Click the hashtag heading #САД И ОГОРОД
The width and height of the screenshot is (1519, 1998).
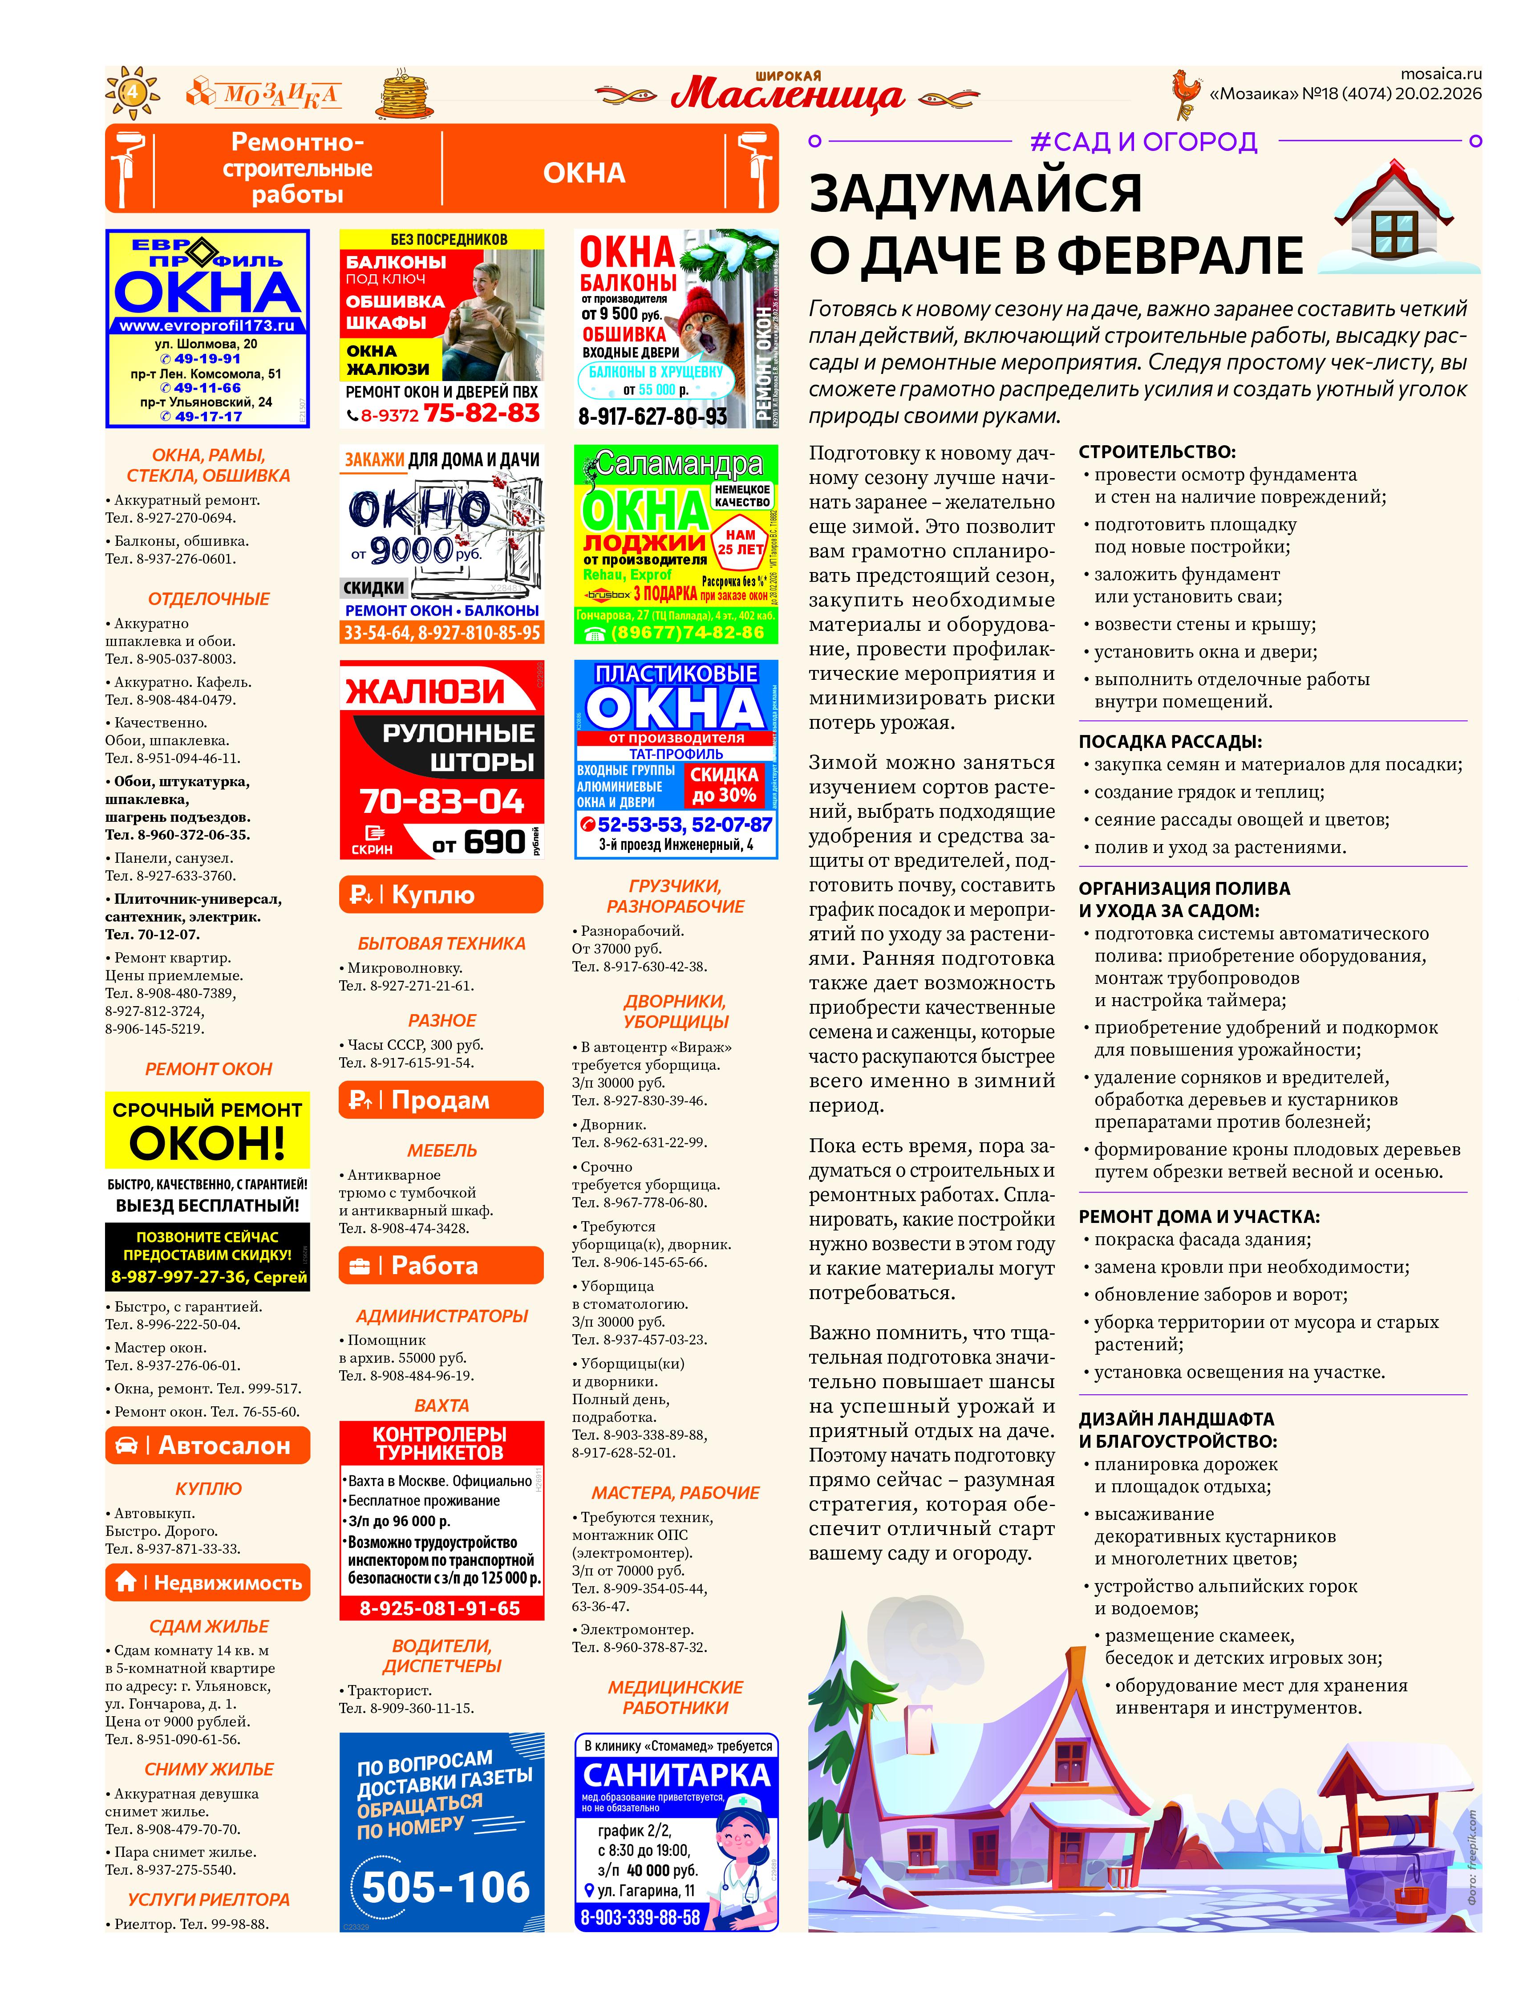[x=1144, y=142]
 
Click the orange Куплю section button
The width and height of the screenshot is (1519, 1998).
[x=441, y=894]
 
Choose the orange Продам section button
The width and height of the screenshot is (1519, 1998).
[x=441, y=1100]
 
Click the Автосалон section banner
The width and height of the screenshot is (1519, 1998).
[x=208, y=1446]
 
